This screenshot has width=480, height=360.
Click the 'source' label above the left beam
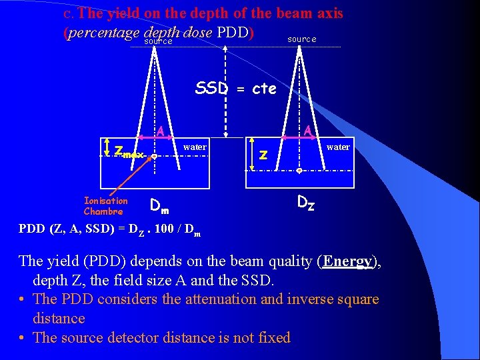pos(159,41)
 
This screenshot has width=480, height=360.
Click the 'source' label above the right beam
pos(301,39)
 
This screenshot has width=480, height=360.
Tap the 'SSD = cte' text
pos(235,88)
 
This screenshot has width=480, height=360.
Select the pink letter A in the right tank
pos(307,130)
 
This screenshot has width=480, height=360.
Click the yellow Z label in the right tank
pos(263,155)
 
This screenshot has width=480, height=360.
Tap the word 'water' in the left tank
pos(195,147)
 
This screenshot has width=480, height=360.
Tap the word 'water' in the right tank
pos(338,147)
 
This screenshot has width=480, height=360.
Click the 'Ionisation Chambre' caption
pos(105,206)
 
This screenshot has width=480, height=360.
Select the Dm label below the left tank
pos(159,205)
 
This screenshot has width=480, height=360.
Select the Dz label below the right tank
pos(306,201)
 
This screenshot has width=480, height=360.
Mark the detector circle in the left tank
pos(154,157)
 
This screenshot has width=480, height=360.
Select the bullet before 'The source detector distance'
pos(23,338)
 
